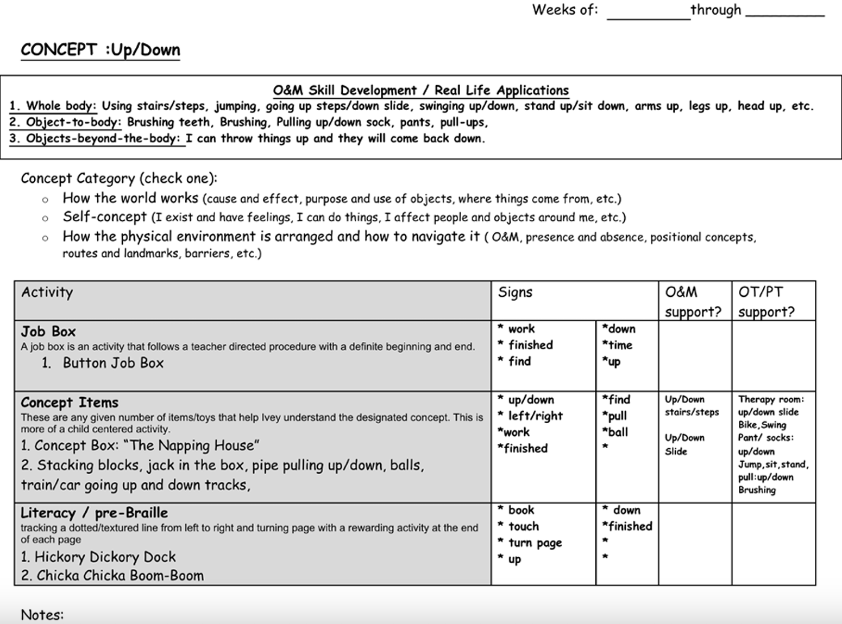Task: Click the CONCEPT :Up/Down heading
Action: (100, 50)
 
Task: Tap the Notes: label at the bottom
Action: (42, 614)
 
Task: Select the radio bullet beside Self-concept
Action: (45, 219)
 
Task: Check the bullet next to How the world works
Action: (45, 200)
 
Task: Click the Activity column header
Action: (47, 292)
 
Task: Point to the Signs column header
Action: (515, 292)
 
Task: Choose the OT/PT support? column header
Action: (766, 302)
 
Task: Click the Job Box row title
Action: (48, 332)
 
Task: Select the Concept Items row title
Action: (70, 403)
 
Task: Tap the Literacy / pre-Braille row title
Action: (94, 513)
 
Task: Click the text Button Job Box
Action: (113, 363)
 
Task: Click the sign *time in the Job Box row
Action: (617, 345)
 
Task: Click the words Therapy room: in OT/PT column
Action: (771, 399)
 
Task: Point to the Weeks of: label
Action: (564, 10)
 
